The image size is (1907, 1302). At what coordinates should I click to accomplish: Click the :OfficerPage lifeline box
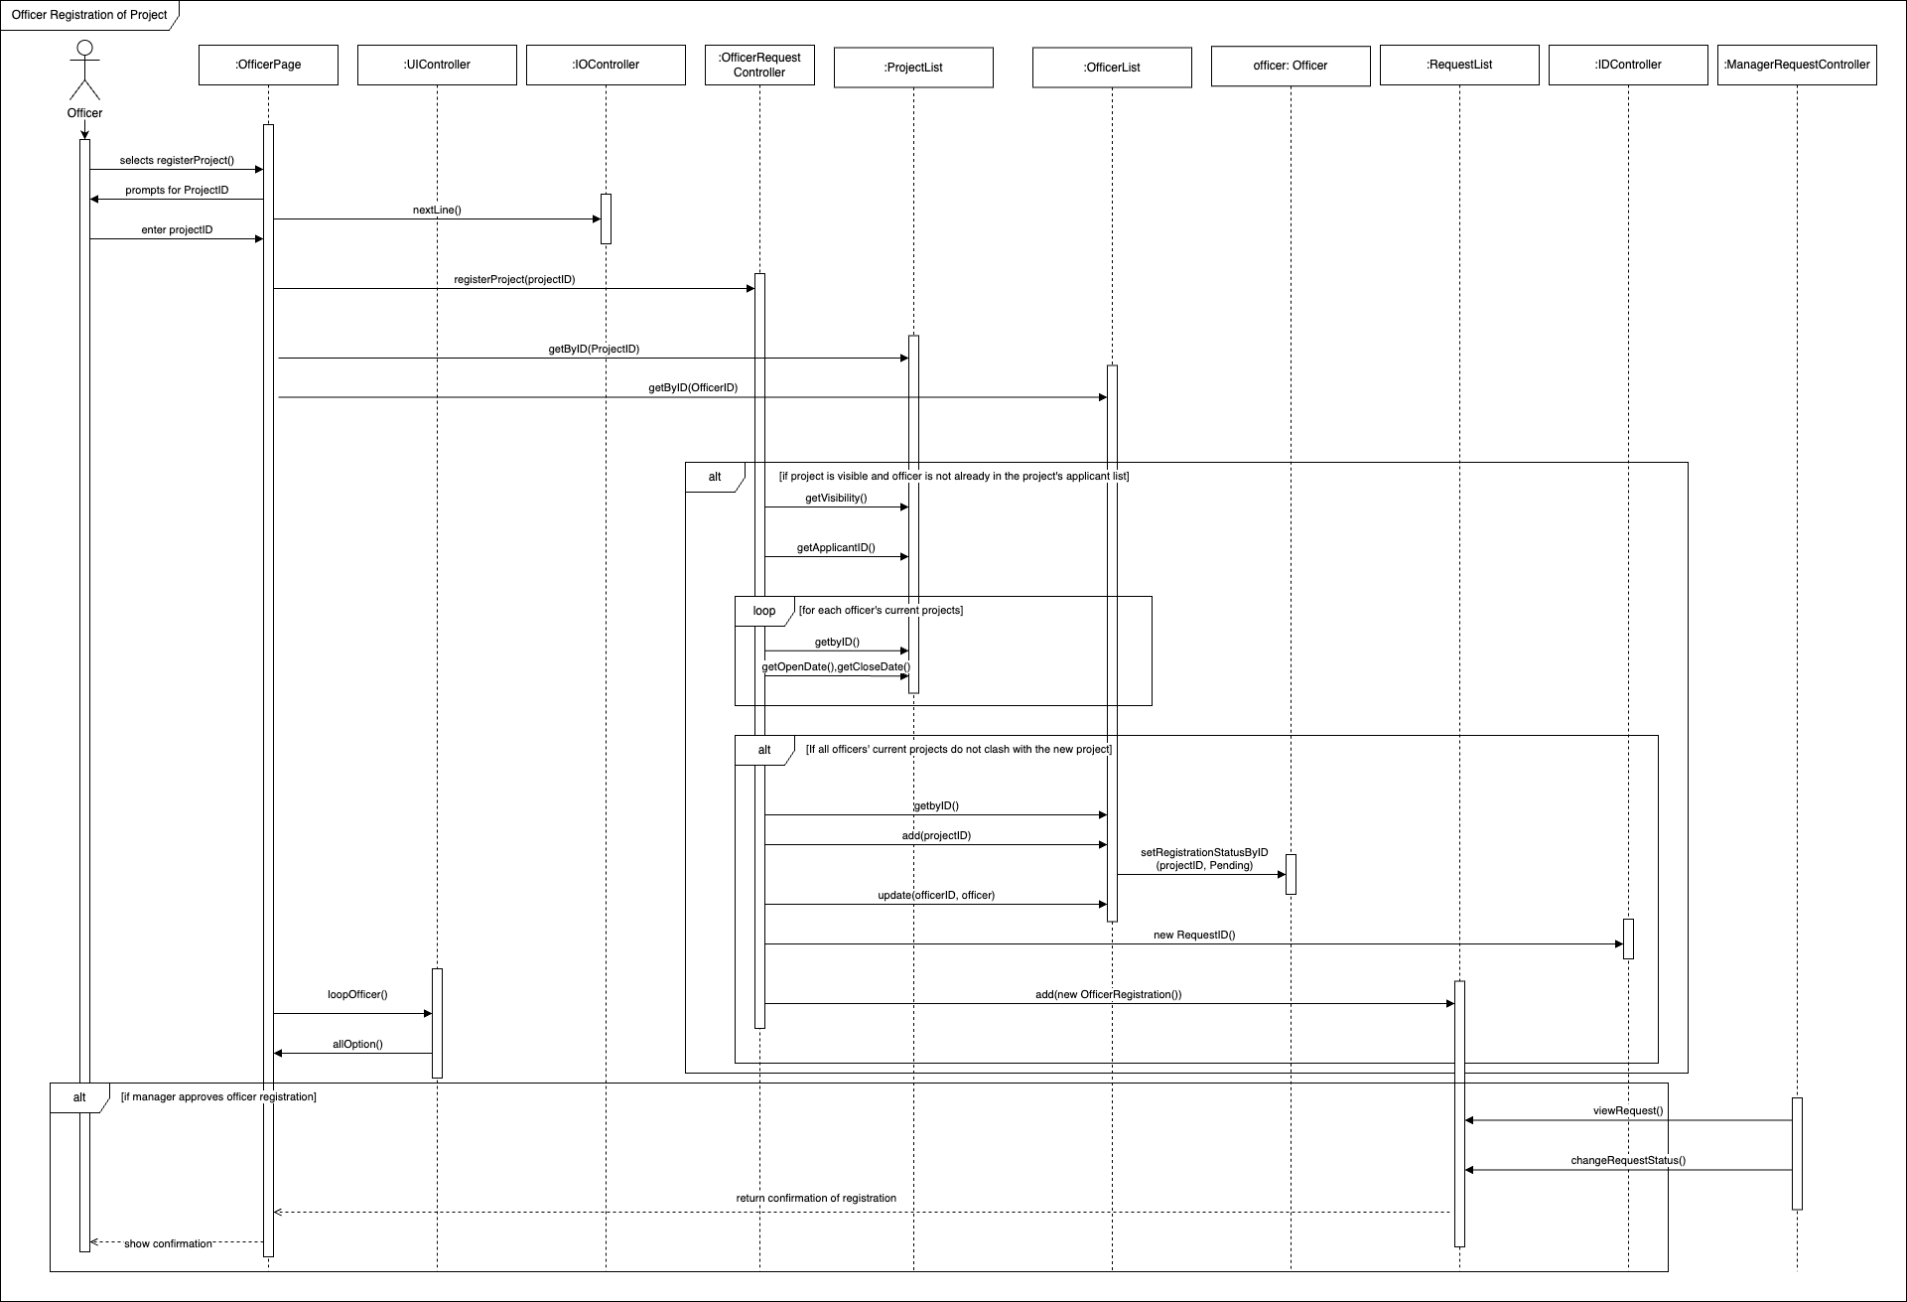[268, 66]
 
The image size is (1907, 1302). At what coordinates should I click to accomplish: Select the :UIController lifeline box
[437, 66]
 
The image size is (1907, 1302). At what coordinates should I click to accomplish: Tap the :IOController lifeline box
[606, 66]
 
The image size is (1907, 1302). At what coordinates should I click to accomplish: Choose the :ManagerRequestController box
[1797, 66]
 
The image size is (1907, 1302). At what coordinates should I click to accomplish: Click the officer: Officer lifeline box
[1291, 66]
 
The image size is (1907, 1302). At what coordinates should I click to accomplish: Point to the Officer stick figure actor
[85, 72]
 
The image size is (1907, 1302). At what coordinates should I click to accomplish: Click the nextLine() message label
[437, 211]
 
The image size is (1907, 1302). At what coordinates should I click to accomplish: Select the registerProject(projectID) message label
[514, 280]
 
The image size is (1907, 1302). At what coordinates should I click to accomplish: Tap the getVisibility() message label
[836, 499]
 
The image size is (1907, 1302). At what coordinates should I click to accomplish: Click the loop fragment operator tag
[763, 611]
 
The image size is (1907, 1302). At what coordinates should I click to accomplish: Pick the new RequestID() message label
[1194, 936]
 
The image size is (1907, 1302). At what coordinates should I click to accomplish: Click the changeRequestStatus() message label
[1628, 1160]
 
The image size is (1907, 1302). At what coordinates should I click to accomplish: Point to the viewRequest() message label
[1628, 1111]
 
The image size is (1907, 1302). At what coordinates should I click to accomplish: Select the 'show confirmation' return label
[168, 1244]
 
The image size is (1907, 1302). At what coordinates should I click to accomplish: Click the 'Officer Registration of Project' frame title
[89, 16]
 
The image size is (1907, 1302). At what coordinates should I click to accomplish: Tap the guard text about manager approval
[218, 1097]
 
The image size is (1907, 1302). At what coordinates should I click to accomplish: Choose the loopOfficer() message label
[357, 994]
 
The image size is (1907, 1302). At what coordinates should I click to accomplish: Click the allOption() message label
[357, 1045]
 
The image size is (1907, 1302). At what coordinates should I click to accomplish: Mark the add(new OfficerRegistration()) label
[1108, 995]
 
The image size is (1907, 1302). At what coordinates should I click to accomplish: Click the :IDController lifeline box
[1628, 66]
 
